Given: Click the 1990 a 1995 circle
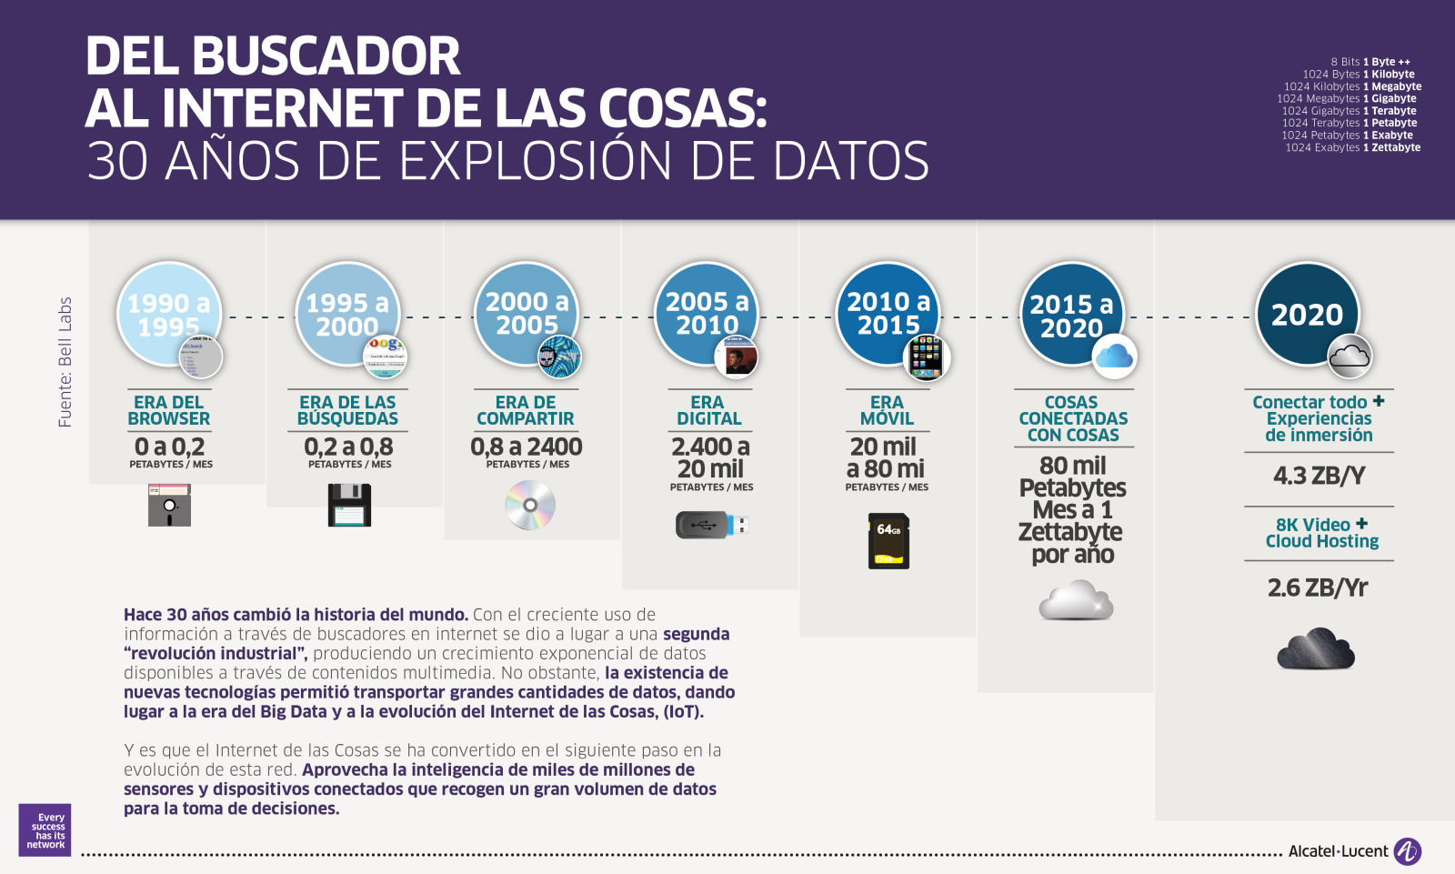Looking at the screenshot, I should coord(168,314).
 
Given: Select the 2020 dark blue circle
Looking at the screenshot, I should coord(1307,314).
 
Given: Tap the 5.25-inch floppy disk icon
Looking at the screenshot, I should coord(169,505).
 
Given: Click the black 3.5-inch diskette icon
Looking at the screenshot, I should coord(349,505).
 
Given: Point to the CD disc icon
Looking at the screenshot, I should coord(530,505).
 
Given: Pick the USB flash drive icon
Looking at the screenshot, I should coord(711,525).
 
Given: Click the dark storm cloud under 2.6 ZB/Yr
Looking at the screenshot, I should coord(1316,648).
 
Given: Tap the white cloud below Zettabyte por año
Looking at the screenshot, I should coord(1076,601).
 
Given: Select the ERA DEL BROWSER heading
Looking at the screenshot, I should coord(169,410).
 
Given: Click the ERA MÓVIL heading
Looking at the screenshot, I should coord(887,410).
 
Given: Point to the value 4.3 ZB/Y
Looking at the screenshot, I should coord(1319,476).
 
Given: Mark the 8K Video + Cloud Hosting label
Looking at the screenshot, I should coord(1321,533).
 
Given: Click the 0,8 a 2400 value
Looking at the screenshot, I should coord(527,447).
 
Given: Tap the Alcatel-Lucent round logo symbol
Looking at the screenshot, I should coord(1407,851).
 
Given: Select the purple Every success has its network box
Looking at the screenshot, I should coord(45,830).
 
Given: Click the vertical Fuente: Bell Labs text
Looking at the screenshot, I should coord(65,362).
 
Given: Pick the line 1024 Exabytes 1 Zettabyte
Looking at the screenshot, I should coord(1352,147).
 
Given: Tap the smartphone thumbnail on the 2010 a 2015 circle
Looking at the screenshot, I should coord(926,356).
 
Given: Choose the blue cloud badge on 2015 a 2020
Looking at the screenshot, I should coord(1114,356).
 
